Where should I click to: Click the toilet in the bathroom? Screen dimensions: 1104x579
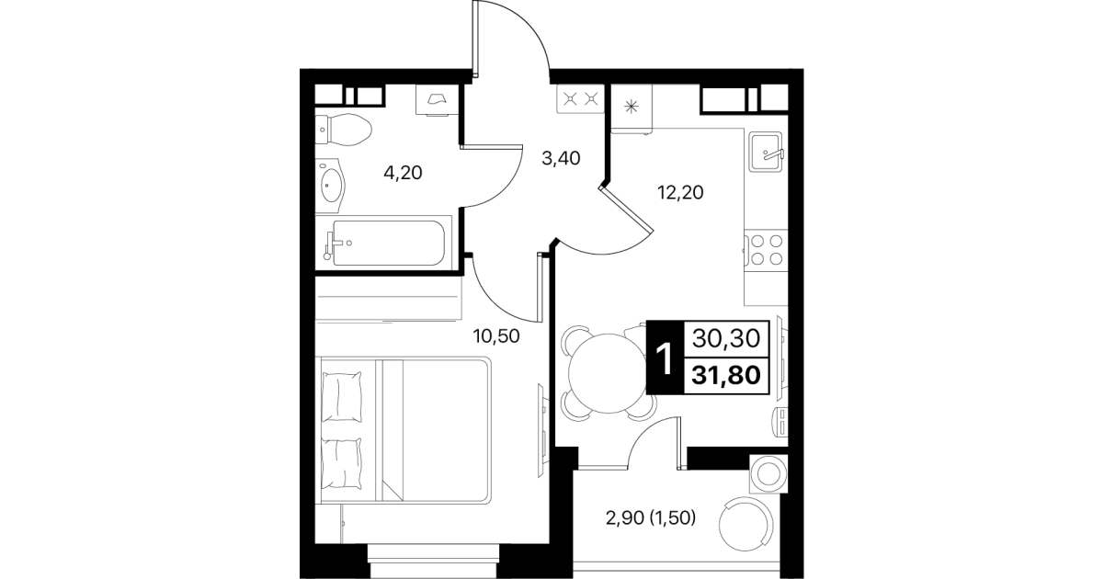click(x=343, y=131)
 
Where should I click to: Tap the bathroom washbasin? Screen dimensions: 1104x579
click(x=330, y=186)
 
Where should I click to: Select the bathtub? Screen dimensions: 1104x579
click(x=383, y=243)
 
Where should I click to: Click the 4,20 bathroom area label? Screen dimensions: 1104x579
click(x=403, y=173)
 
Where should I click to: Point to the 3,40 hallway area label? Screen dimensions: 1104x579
click(x=561, y=158)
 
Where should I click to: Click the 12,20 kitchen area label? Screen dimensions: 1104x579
click(x=680, y=192)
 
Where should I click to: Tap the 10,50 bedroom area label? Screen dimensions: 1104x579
click(x=496, y=336)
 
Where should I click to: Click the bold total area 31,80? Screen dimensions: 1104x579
click(x=726, y=376)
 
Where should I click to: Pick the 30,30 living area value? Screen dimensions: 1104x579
click(x=726, y=338)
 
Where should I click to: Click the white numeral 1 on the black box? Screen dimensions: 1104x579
click(x=666, y=359)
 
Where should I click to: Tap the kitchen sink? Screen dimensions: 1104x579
click(x=766, y=152)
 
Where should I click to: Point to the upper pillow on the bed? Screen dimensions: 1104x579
click(x=342, y=397)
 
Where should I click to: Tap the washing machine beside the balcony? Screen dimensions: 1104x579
click(x=768, y=474)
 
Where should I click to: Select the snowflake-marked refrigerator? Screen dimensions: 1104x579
click(x=632, y=108)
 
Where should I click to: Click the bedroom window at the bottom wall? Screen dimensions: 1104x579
click(x=433, y=562)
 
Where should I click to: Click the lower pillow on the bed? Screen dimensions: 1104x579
click(x=342, y=464)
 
